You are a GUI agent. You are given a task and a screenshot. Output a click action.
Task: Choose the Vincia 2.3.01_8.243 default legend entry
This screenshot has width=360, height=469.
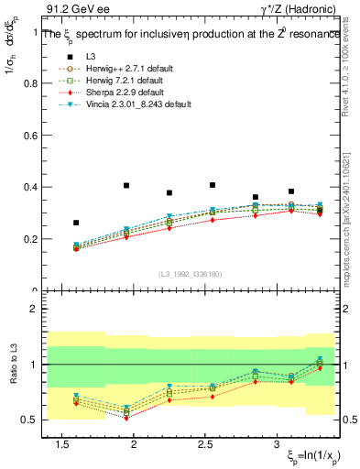coord(137,105)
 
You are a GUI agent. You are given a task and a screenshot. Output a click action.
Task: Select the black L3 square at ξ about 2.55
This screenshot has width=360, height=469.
coord(213,185)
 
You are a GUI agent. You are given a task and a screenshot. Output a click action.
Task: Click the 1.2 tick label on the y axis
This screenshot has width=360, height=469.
coord(27,30)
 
